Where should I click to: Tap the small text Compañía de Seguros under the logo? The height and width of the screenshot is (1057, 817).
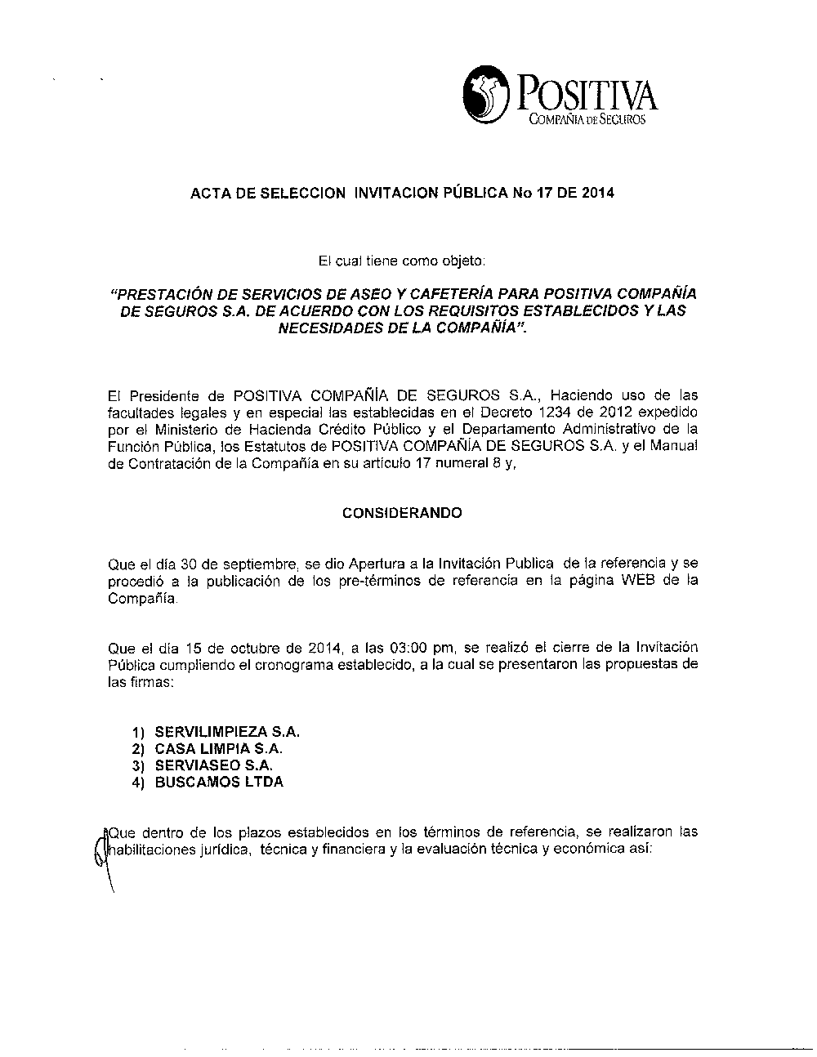(587, 121)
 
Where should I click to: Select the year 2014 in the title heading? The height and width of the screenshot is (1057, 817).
(600, 194)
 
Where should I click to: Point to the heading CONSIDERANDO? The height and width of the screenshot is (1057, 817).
(401, 513)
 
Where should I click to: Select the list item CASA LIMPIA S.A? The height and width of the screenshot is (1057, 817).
(219, 748)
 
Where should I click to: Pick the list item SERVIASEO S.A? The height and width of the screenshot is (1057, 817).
(213, 765)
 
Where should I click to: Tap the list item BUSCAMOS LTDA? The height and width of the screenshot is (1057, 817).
(219, 782)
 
